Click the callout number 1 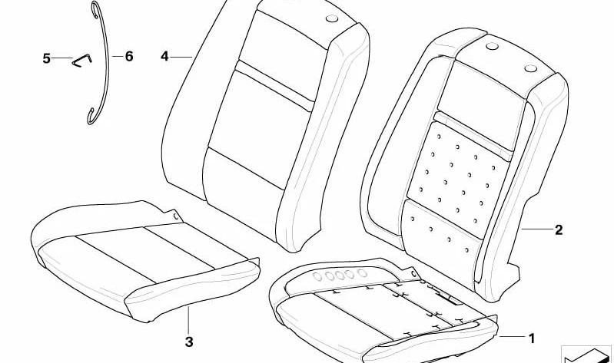[531, 338]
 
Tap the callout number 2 [559, 230]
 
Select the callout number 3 [189, 342]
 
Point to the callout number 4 [164, 57]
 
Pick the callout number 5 [46, 58]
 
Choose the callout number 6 [129, 56]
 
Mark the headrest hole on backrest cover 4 [332, 18]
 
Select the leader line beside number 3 [188, 320]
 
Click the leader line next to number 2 [536, 229]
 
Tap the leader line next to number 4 [181, 58]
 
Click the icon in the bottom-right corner [586, 355]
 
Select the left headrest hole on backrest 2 [492, 46]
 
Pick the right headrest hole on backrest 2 [530, 68]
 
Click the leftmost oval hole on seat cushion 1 [317, 277]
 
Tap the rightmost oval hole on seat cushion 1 [362, 273]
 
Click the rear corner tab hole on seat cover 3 [176, 216]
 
